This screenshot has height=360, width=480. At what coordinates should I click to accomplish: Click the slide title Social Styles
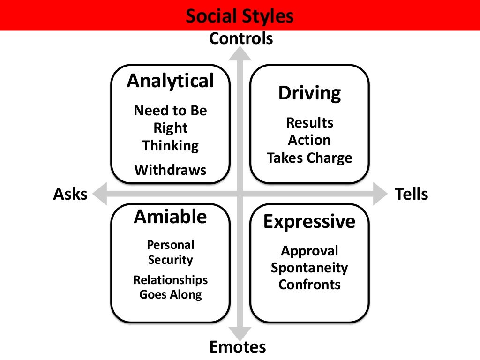[240, 16]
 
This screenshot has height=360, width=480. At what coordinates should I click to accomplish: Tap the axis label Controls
[241, 38]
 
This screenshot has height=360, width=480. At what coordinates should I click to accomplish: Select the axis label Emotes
[237, 347]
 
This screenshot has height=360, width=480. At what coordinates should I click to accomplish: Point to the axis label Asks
[70, 194]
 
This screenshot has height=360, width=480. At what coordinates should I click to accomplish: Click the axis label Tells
[412, 194]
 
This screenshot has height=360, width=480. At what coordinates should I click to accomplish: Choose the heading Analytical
[170, 81]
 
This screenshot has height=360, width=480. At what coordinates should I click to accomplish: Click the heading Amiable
[170, 217]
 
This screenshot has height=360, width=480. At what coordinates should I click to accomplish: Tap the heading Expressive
[309, 221]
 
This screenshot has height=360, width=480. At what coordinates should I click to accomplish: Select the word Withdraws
[170, 169]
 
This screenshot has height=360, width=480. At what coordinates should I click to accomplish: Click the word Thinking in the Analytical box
[170, 145]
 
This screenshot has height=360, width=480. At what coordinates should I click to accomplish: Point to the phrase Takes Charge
[309, 158]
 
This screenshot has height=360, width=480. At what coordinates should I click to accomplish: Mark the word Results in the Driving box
[309, 123]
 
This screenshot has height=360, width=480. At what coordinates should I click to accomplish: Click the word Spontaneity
[309, 268]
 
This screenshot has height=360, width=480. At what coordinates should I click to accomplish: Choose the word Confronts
[309, 285]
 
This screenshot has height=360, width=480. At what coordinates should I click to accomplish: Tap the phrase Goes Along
[170, 295]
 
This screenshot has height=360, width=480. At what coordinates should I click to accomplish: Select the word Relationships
[170, 280]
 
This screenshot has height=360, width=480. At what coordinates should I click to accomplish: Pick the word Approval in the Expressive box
[309, 251]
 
